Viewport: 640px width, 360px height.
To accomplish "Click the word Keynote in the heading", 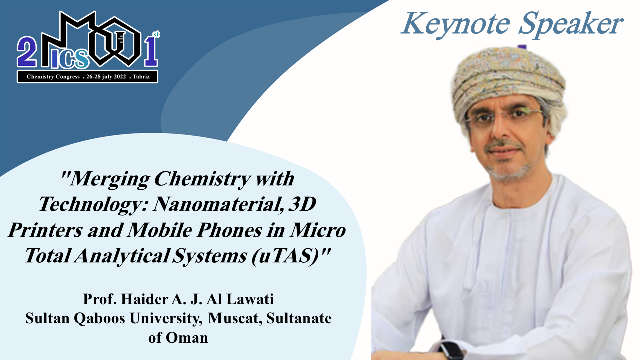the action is click(x=456, y=24).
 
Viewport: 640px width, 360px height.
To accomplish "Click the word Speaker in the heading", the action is click(x=571, y=24).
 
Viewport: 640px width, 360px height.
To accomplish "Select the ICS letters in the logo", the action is click(x=70, y=59).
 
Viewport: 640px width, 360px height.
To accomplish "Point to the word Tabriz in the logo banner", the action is click(x=141, y=77).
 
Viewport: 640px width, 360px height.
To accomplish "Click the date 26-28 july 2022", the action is click(x=106, y=77).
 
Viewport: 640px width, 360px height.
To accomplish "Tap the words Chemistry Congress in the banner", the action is click(x=53, y=77).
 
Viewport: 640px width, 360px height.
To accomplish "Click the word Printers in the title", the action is click(x=45, y=230).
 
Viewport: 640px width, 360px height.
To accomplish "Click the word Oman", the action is click(x=187, y=338).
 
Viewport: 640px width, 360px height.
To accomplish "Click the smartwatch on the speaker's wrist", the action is click(x=452, y=351).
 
